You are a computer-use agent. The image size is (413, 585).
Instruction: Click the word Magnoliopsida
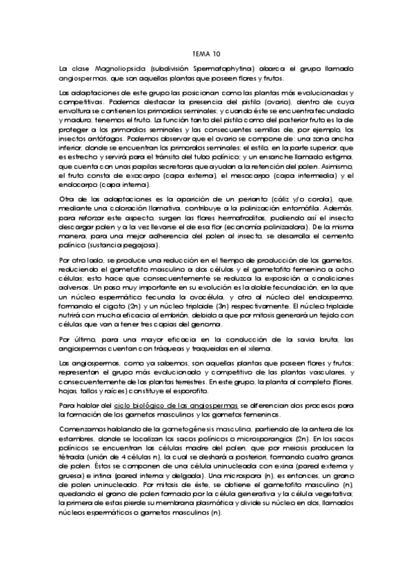[x=117, y=68]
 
